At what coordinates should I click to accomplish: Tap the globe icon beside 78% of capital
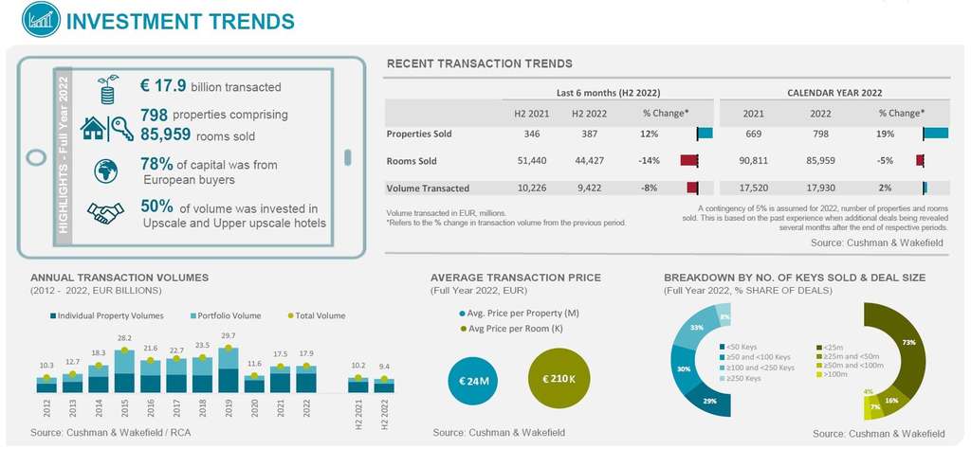106,171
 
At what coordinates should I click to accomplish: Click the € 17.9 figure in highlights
162,86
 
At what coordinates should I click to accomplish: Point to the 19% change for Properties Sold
886,134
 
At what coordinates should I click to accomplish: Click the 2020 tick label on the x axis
254,409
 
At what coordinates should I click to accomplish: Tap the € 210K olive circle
559,380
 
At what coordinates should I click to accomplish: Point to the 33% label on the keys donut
695,327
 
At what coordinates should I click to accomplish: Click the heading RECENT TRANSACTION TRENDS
479,63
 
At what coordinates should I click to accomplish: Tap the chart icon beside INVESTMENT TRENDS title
34,19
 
